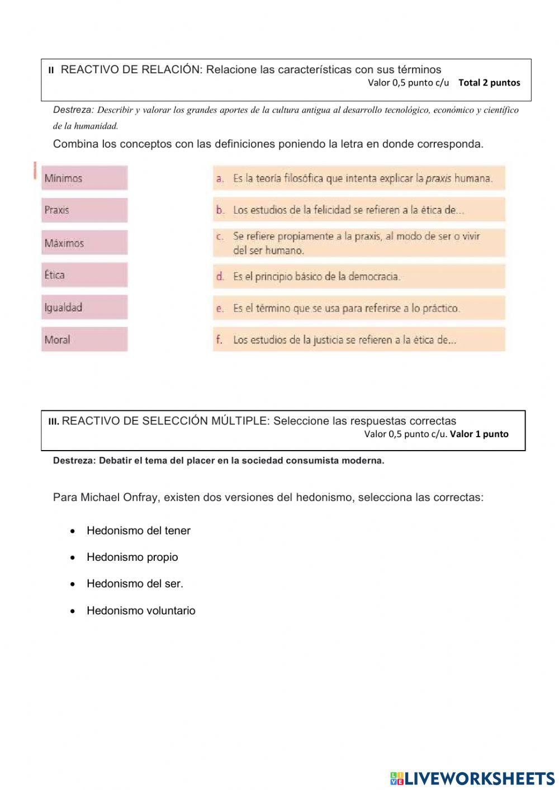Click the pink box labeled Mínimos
pyautogui.click(x=84, y=178)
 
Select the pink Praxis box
pyautogui.click(x=84, y=210)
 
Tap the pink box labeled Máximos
pyautogui.click(x=84, y=243)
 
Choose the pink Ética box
pyautogui.click(x=84, y=275)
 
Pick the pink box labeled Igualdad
pyautogui.click(x=84, y=307)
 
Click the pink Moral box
pyautogui.click(x=84, y=339)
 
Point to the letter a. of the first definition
pyautogui.click(x=220, y=179)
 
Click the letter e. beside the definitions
pyautogui.click(x=220, y=308)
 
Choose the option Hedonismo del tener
pyautogui.click(x=138, y=531)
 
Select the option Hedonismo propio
pyautogui.click(x=132, y=557)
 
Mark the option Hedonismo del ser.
pyautogui.click(x=135, y=583)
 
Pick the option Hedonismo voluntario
pyautogui.click(x=141, y=611)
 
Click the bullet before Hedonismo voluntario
pyautogui.click(x=73, y=611)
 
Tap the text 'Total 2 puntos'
pyautogui.click(x=489, y=83)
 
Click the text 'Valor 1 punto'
pyautogui.click(x=479, y=434)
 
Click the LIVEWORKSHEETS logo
pyautogui.click(x=472, y=778)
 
